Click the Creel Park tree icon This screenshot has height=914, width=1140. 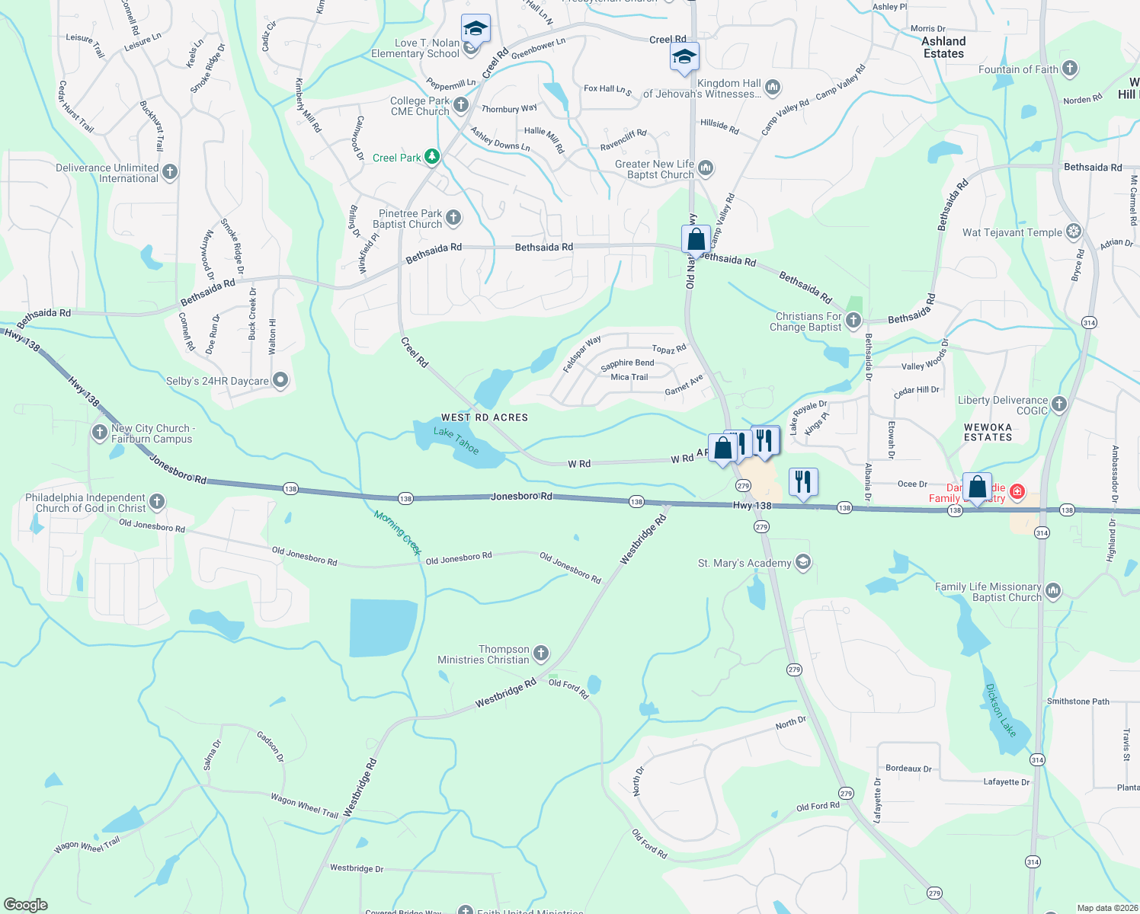pyautogui.click(x=432, y=158)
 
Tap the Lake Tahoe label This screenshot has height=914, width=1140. pyautogui.click(x=456, y=441)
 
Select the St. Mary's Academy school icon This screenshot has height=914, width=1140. pyautogui.click(x=802, y=563)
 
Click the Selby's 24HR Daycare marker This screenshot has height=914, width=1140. pyautogui.click(x=280, y=381)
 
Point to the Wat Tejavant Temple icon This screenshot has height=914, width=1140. pyautogui.click(x=1074, y=232)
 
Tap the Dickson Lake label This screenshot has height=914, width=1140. pyautogui.click(x=1001, y=711)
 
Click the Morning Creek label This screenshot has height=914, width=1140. pyautogui.click(x=397, y=533)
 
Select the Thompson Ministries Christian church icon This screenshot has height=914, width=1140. pyautogui.click(x=540, y=654)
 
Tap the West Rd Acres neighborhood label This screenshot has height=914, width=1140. pyautogui.click(x=485, y=417)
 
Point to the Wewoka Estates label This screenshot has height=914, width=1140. pyautogui.click(x=988, y=432)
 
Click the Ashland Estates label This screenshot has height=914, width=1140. pyautogui.click(x=943, y=47)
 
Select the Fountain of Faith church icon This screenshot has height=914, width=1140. pyautogui.click(x=1070, y=69)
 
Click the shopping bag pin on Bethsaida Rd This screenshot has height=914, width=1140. pyautogui.click(x=696, y=240)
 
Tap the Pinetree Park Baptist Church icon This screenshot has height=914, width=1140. pyautogui.click(x=453, y=219)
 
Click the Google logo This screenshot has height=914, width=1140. pyautogui.click(x=26, y=905)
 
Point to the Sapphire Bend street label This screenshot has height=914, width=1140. pyautogui.click(x=627, y=363)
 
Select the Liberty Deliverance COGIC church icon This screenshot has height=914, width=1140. pyautogui.click(x=1059, y=404)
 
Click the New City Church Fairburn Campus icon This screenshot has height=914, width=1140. pyautogui.click(x=99, y=433)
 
